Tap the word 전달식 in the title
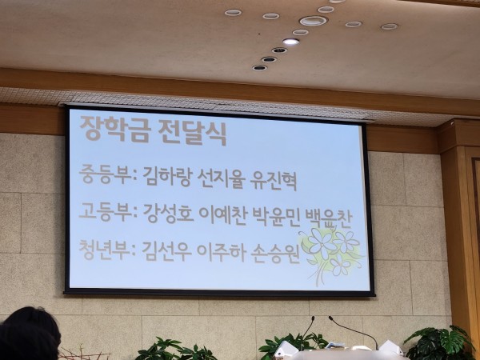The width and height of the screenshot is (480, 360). (x=192, y=133)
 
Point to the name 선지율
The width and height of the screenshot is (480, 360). (x=222, y=179)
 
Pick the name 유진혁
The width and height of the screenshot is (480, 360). (x=274, y=182)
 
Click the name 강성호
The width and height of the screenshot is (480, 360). (x=168, y=214)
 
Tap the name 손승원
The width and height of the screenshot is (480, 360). (x=275, y=254)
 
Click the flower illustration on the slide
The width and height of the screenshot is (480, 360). (x=331, y=254)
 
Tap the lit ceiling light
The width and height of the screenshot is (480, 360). (x=290, y=42)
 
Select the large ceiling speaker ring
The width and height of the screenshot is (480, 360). (x=313, y=21)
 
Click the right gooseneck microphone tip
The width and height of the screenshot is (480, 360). (x=330, y=318)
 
